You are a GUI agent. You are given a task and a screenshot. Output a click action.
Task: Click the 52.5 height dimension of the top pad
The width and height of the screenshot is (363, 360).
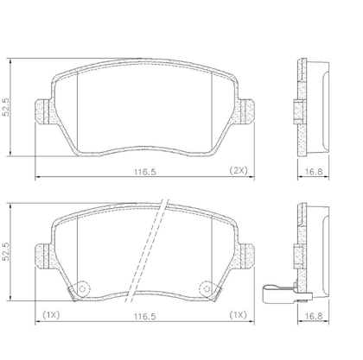(6, 107)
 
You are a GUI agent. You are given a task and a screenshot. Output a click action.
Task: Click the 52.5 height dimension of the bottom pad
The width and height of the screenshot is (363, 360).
(6, 251)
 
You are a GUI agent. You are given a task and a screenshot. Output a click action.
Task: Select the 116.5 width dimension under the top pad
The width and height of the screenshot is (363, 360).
(145, 172)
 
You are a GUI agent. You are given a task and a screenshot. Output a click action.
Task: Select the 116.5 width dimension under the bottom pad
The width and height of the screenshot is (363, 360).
(145, 317)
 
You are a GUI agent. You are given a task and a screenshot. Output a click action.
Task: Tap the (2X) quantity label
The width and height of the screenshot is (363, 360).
(239, 170)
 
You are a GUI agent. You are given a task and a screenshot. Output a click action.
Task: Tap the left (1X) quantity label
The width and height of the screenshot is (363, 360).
(51, 315)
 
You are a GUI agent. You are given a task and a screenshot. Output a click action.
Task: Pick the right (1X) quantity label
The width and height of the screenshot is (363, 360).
(239, 315)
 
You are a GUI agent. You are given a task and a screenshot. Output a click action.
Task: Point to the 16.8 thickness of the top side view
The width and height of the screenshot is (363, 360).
(314, 172)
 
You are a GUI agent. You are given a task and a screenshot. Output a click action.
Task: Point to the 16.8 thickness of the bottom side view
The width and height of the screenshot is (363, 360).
(314, 316)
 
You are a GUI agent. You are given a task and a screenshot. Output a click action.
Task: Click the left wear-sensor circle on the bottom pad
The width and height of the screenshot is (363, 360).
(83, 288)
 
